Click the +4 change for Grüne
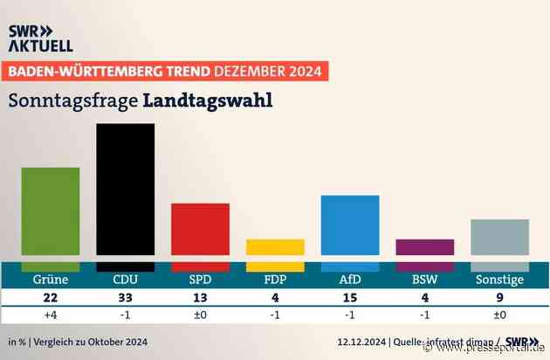pyautogui.click(x=51, y=315)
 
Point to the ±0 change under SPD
pyautogui.click(x=200, y=315)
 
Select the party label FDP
pyautogui.click(x=275, y=281)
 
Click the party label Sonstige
pyautogui.click(x=499, y=281)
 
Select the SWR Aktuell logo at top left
pyautogui.click(x=40, y=38)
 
